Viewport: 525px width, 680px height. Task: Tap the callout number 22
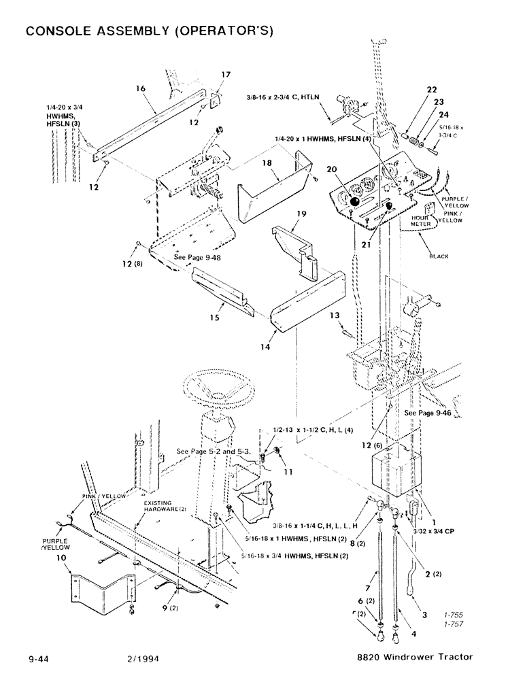tap(413, 89)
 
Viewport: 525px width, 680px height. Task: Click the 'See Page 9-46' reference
tap(428, 413)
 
